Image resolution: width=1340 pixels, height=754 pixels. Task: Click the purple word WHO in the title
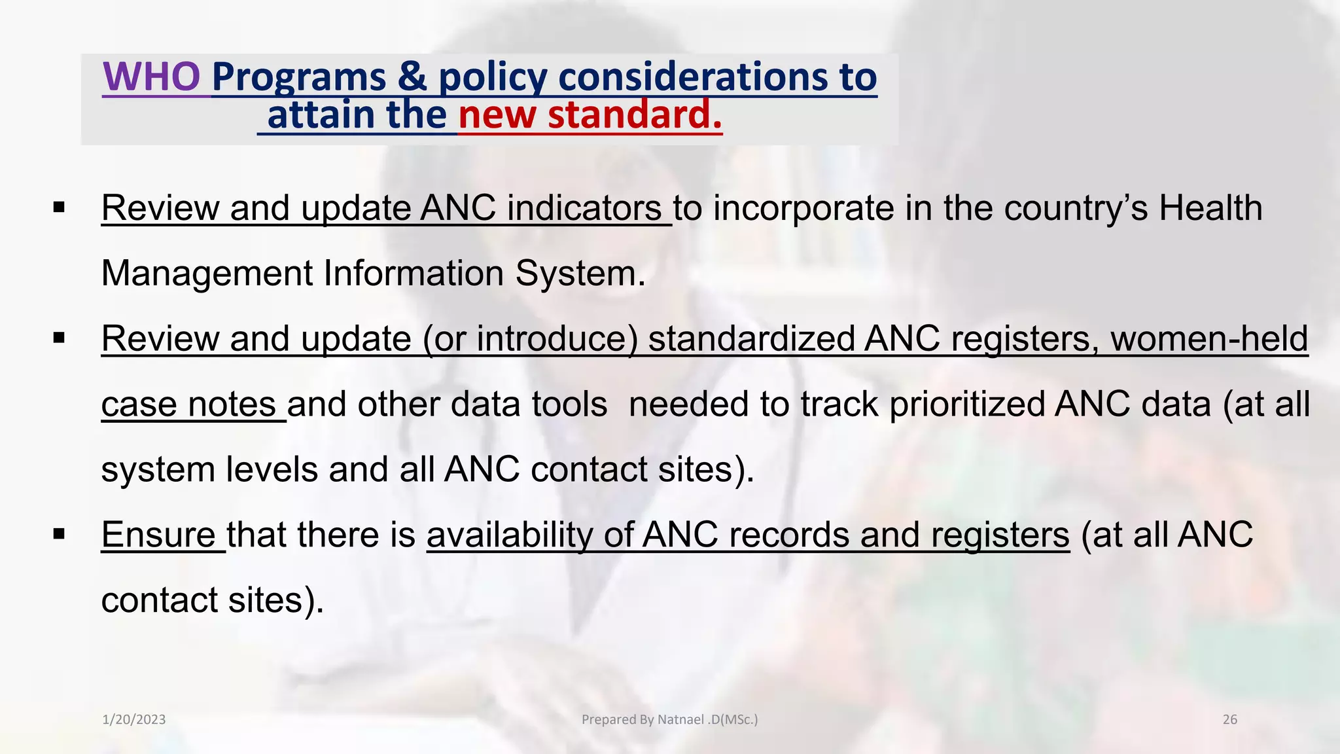pyautogui.click(x=151, y=77)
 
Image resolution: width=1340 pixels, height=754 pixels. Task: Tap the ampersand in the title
pyautogui.click(x=412, y=77)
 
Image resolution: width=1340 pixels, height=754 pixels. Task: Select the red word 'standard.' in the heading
pyautogui.click(x=635, y=115)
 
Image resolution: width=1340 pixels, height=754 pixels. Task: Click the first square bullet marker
pyautogui.click(x=60, y=208)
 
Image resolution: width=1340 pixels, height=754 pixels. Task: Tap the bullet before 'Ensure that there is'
pyautogui.click(x=60, y=535)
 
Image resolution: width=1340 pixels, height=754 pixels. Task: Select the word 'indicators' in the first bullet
pyautogui.click(x=584, y=208)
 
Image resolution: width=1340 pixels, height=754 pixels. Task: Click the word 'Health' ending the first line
pyautogui.click(x=1210, y=208)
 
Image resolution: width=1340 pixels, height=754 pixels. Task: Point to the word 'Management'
pyautogui.click(x=207, y=273)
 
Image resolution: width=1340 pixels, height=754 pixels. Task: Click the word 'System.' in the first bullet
pyautogui.click(x=580, y=273)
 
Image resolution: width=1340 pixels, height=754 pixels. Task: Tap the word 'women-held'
pyautogui.click(x=1209, y=338)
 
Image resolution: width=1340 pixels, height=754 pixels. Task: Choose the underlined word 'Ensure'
pyautogui.click(x=158, y=535)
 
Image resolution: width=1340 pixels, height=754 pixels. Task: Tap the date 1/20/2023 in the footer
pyautogui.click(x=134, y=719)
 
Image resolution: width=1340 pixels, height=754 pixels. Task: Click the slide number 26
pyautogui.click(x=1229, y=719)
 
